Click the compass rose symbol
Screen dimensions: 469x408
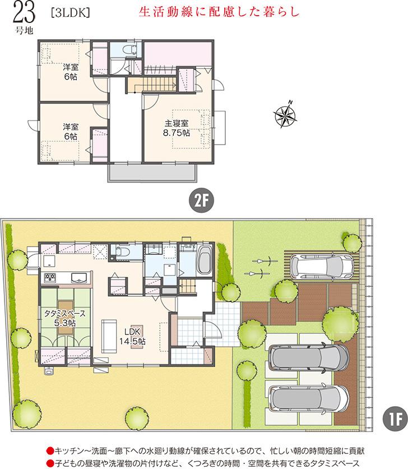point(285,114)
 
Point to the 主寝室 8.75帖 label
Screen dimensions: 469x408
point(177,127)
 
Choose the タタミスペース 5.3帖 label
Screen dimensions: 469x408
point(61,318)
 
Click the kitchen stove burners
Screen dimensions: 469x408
point(49,277)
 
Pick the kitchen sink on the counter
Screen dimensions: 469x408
point(77,277)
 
